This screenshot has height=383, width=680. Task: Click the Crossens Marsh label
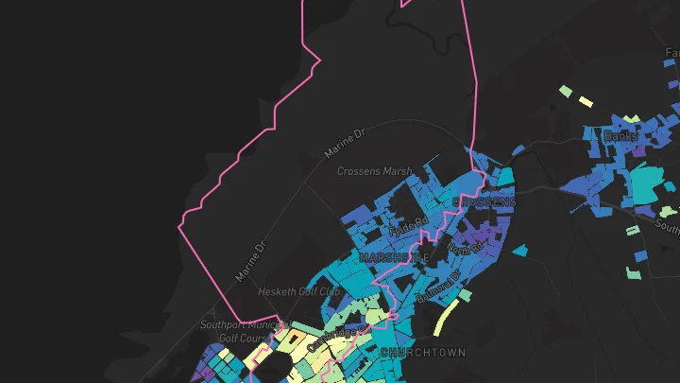point(375,171)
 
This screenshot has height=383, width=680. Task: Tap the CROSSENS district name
point(484,201)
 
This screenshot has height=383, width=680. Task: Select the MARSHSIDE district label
point(394,256)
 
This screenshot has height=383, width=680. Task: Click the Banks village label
point(620,136)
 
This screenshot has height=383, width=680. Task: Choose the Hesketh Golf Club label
point(298,291)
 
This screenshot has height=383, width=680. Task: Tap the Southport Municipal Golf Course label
point(234,331)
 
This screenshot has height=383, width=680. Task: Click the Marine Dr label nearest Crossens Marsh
point(344,145)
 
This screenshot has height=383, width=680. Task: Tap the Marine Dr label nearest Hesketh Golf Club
point(252,259)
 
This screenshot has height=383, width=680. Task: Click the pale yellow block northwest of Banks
point(586,100)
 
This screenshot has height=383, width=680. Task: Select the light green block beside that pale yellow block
point(565,91)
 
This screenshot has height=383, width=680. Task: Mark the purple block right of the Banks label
point(640,148)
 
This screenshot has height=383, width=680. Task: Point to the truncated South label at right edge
point(668,227)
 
